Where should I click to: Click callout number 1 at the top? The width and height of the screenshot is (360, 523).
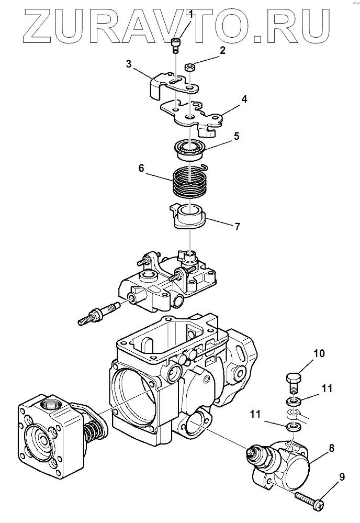coord(191,14)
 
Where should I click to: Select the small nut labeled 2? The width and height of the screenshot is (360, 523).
coord(190,68)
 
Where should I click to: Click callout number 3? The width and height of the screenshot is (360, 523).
coord(129,64)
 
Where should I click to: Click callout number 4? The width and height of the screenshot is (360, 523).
coord(244,99)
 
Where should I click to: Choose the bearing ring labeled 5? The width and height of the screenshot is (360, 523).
coord(189,149)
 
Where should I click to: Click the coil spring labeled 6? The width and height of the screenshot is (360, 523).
coord(189,184)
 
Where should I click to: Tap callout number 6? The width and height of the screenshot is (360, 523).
coord(141,168)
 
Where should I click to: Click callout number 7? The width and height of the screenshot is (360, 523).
coord(237,227)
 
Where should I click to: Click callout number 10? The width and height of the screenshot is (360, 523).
coord(319,353)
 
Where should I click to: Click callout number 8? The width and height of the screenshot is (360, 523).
coord(331,448)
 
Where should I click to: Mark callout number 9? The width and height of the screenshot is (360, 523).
coord(342,477)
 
